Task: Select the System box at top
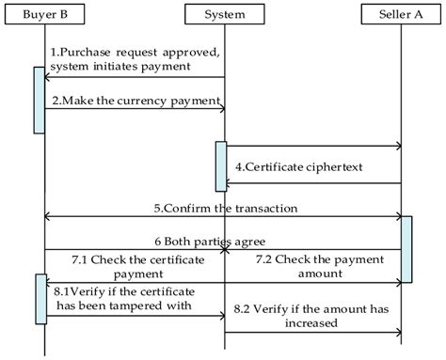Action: (x=224, y=14)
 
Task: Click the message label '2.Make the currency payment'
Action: (x=135, y=100)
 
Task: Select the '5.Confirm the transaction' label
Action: (x=224, y=207)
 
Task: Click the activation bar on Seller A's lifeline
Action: (x=406, y=249)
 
